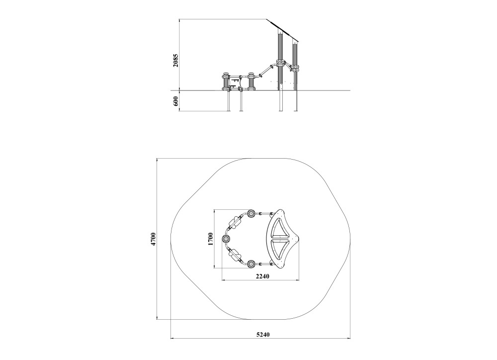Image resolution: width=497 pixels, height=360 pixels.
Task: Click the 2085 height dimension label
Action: pyautogui.click(x=175, y=60)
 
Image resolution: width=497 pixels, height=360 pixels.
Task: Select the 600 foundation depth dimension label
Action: pyautogui.click(x=176, y=101)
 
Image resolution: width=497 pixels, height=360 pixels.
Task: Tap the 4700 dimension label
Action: pyautogui.click(x=154, y=239)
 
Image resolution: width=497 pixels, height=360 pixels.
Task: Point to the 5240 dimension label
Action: pyautogui.click(x=263, y=334)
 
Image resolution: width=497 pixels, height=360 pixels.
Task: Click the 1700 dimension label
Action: pyautogui.click(x=210, y=239)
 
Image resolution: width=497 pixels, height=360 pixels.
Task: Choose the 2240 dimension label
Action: pyautogui.click(x=262, y=276)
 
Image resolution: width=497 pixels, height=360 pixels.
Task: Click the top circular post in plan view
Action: pyautogui.click(x=251, y=213)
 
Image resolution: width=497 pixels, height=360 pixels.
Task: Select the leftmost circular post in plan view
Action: pyautogui.click(x=226, y=239)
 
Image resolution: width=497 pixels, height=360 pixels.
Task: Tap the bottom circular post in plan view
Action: pyautogui.click(x=251, y=264)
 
